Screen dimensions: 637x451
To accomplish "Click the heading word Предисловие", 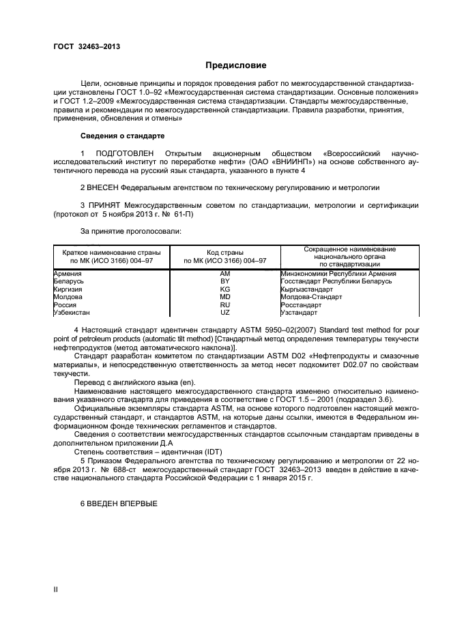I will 236,65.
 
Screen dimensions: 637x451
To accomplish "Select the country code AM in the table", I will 224,273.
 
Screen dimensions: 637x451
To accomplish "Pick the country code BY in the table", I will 224,281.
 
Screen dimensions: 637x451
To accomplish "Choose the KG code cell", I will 224,290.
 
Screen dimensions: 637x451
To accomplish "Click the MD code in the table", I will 224,297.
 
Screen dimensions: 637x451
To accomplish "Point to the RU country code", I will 224,305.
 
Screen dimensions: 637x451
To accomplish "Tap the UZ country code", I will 224,313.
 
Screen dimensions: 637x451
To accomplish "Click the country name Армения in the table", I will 69,273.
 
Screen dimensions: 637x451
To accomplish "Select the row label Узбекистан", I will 74,313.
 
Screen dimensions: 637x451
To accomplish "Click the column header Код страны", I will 225,251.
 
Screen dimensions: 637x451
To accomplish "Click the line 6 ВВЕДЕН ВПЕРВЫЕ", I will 119,503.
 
